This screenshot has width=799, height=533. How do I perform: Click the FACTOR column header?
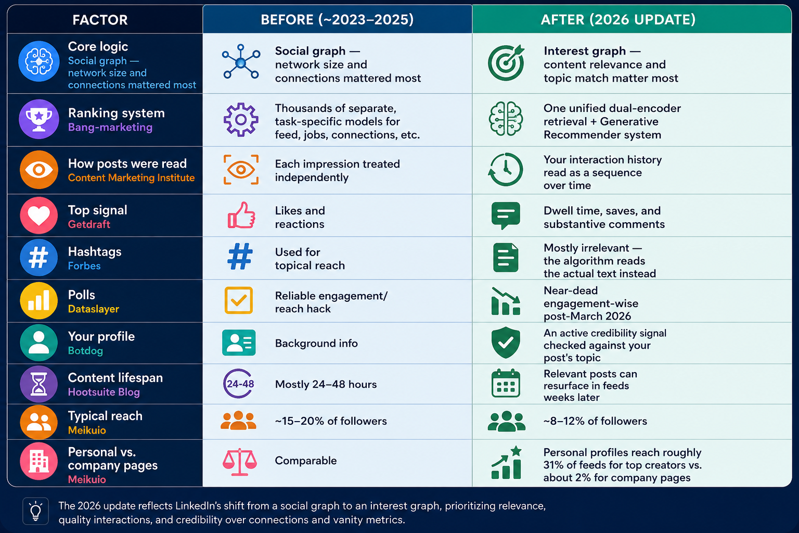coord(100,20)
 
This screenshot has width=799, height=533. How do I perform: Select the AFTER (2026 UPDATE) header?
coord(618,19)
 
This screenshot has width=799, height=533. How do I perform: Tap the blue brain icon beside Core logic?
coord(39,61)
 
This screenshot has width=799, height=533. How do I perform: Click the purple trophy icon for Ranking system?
coord(39,119)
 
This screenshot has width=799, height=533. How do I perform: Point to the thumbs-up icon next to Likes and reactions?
coord(241,215)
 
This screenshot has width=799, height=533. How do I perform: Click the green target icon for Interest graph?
coord(506,62)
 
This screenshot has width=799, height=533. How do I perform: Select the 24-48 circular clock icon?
coord(239,384)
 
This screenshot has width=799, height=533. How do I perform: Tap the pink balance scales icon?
coord(240,462)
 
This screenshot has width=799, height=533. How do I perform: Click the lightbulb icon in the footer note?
coord(36,511)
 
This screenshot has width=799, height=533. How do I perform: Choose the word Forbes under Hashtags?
coord(84,266)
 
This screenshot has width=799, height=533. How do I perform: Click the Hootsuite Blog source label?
coord(104,392)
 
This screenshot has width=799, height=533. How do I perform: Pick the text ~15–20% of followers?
coord(331,421)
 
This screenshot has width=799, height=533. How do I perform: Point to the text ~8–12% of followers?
coord(595,421)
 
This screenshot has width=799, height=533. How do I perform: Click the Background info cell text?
coord(316,344)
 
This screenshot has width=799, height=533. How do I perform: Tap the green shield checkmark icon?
coord(506,342)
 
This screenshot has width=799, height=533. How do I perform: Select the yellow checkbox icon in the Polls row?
coord(239,300)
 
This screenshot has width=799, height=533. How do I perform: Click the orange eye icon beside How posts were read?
coord(39,170)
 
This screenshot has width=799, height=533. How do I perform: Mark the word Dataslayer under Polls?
coord(94,309)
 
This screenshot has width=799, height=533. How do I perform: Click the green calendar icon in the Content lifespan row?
coord(506,384)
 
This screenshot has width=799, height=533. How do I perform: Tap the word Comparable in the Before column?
coord(306,461)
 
